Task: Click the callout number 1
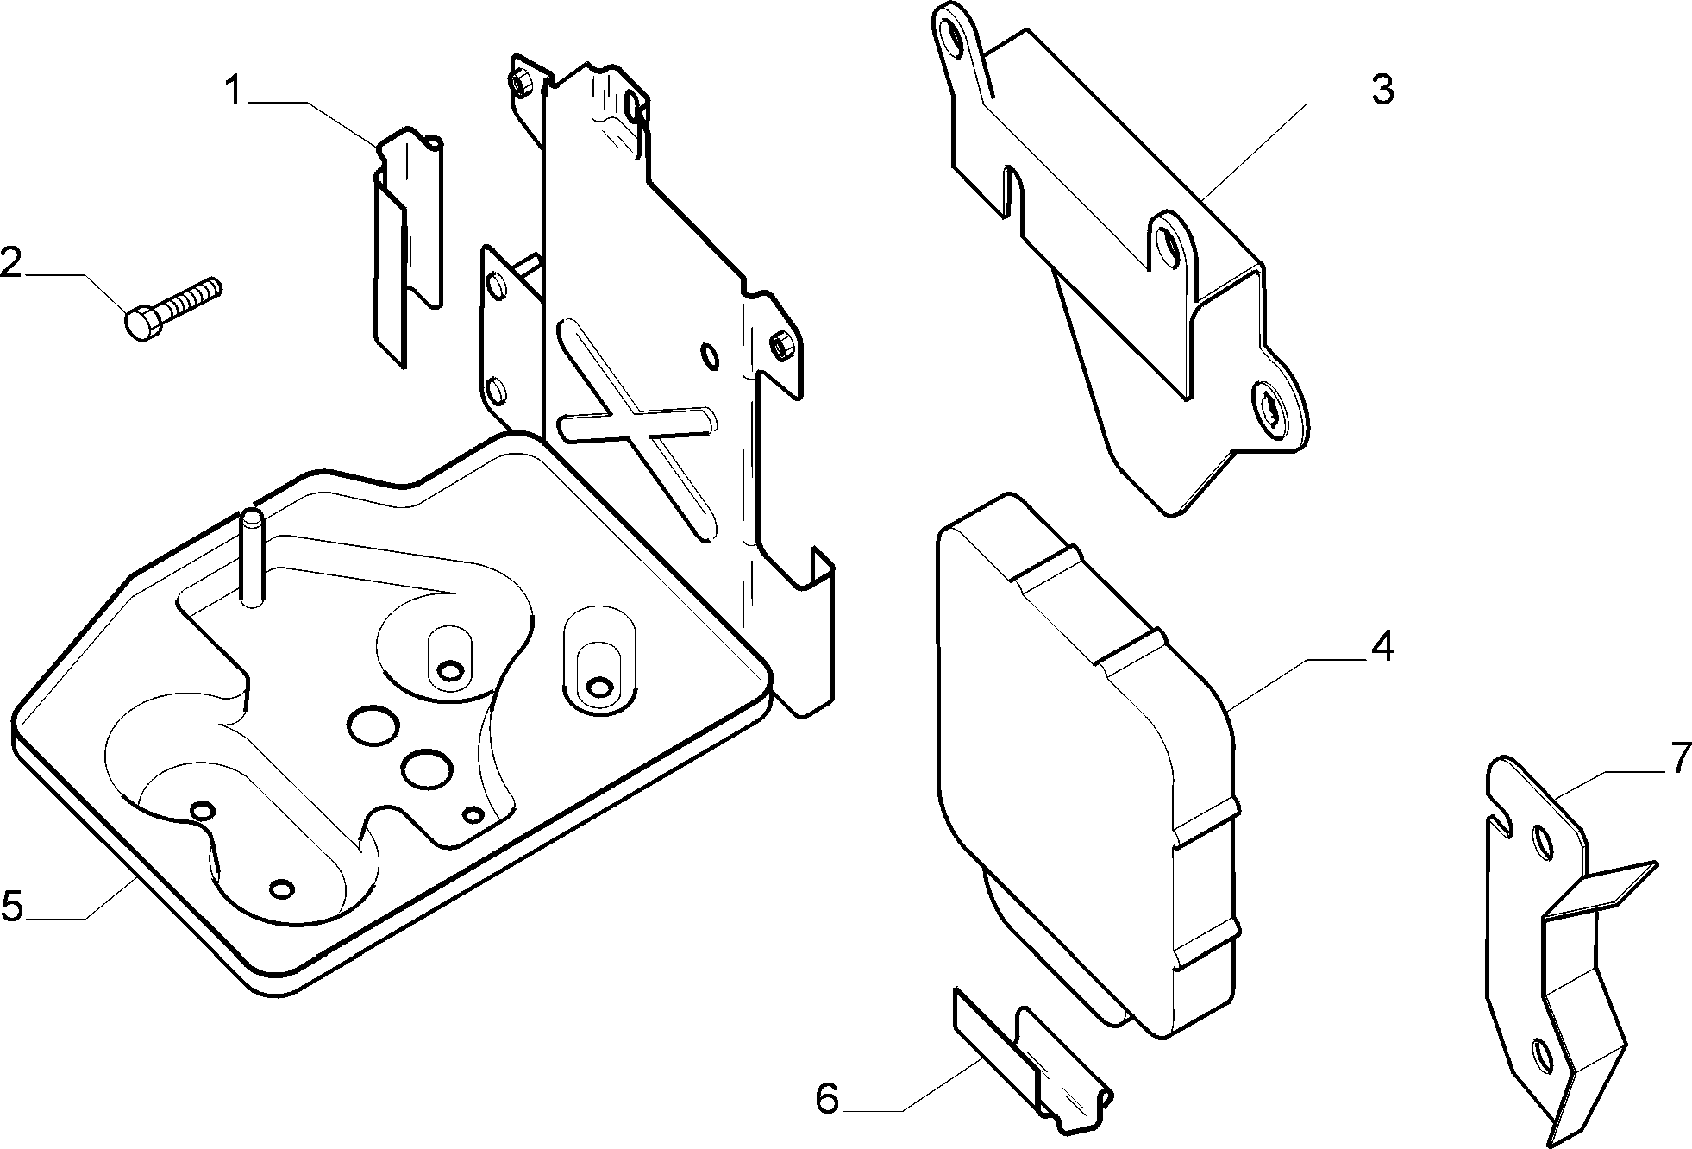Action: pos(235,90)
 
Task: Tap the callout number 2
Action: pos(10,262)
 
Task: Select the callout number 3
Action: pos(1382,90)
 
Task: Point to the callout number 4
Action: pos(1382,646)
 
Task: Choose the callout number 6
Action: pos(826,1099)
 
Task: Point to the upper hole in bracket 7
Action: pos(1539,841)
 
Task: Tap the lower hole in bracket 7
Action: pos(1541,1053)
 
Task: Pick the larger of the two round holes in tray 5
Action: pos(373,725)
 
